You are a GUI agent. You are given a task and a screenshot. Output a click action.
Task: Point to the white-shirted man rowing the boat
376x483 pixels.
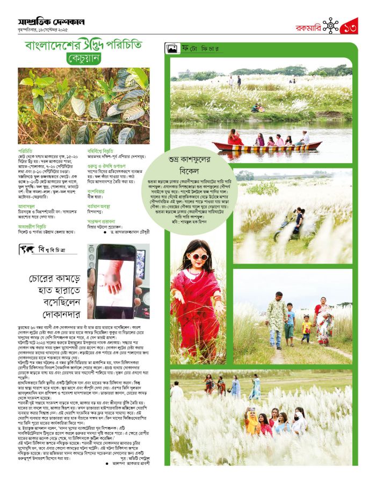tap(305, 138)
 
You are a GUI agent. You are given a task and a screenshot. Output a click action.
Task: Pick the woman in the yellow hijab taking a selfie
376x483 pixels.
tap(252, 421)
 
